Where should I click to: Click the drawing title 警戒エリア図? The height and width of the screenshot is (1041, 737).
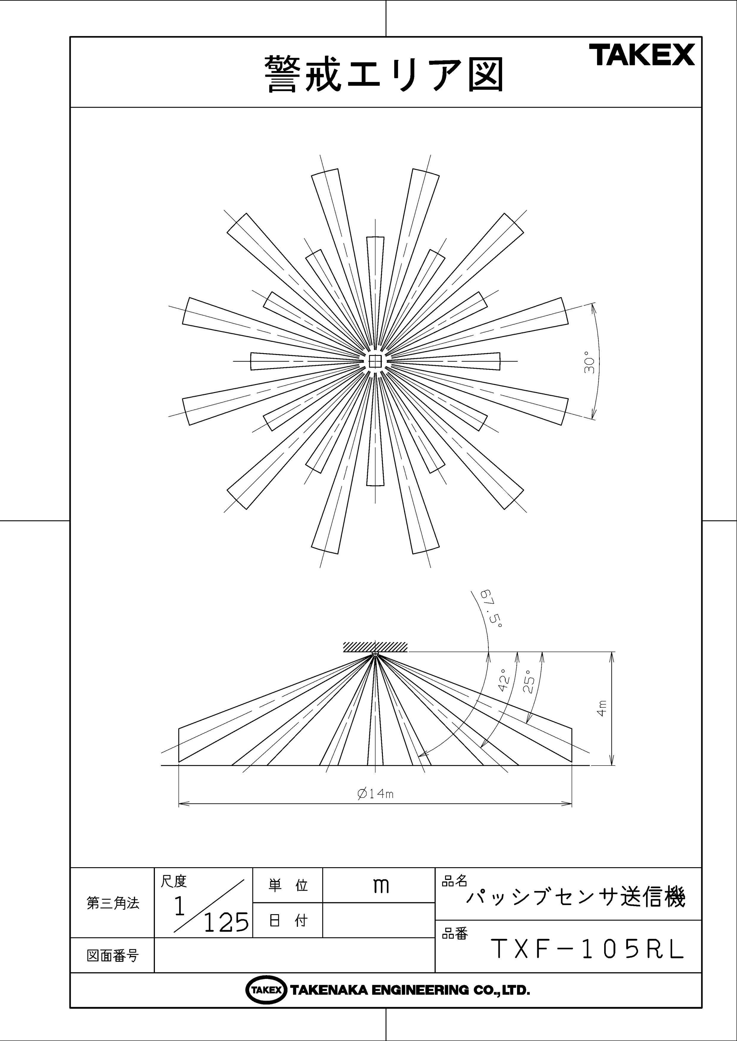(x=384, y=74)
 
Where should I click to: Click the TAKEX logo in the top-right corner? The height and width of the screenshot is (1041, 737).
(x=642, y=55)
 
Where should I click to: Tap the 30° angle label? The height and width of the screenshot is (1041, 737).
(x=589, y=362)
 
